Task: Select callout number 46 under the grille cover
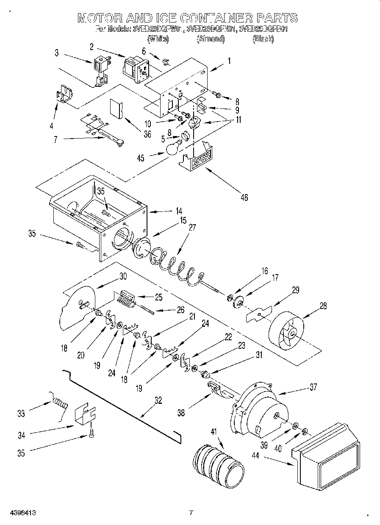[x=244, y=197]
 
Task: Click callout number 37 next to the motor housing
[x=313, y=386]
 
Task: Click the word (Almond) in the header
[x=210, y=39]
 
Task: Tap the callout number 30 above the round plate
[x=123, y=276]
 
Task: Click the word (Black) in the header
[x=263, y=39]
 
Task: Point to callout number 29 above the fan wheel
[x=295, y=290]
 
